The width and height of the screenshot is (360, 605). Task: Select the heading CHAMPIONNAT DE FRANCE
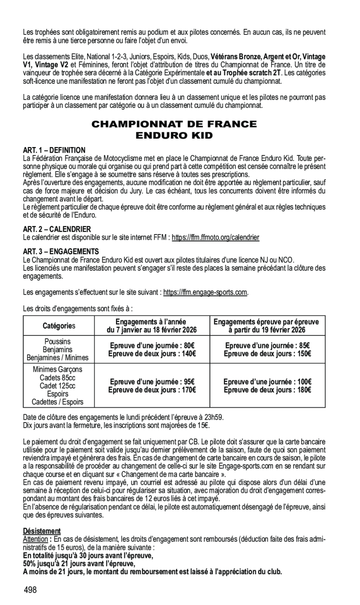(x=174, y=124)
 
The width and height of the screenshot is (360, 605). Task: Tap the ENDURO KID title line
(x=174, y=136)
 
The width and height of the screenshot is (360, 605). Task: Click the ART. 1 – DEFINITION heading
(x=54, y=150)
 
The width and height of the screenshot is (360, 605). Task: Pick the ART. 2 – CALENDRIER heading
(x=57, y=229)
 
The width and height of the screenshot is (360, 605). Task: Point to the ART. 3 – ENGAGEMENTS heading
(x=61, y=251)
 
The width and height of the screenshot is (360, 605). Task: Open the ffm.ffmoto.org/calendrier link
(x=215, y=237)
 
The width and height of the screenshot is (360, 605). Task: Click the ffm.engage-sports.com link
(x=205, y=292)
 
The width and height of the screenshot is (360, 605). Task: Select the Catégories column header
(x=59, y=326)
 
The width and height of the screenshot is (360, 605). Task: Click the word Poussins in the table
(x=59, y=342)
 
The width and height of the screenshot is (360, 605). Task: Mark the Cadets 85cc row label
(x=59, y=377)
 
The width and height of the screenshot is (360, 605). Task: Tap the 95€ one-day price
(x=188, y=382)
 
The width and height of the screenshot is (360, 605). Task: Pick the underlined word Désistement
(x=42, y=531)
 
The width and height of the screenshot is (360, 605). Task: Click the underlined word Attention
(x=35, y=539)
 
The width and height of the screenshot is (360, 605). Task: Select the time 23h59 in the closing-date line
(x=217, y=417)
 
